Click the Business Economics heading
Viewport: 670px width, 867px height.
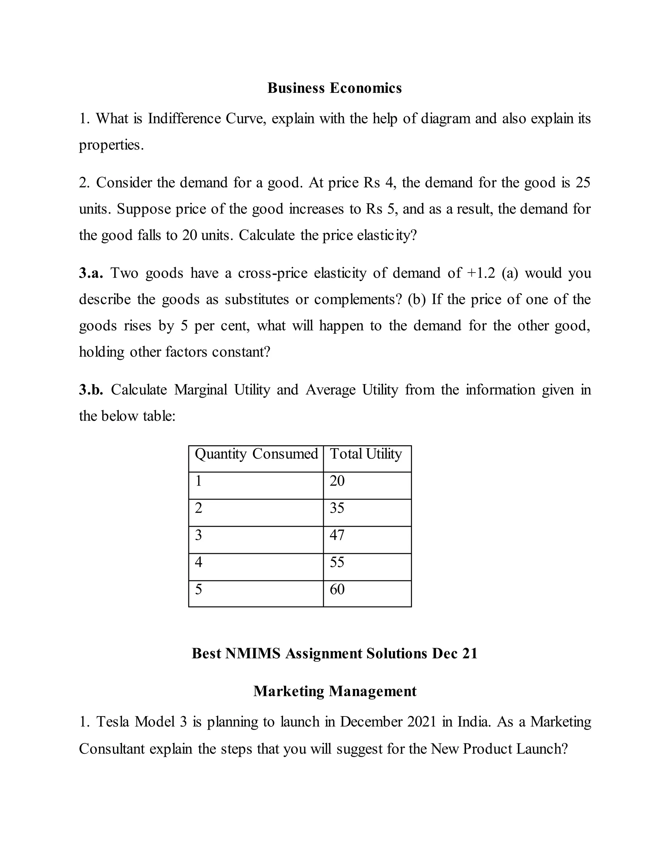point(334,88)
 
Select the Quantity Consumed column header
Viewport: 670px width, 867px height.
point(256,454)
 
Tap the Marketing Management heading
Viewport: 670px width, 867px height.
point(335,691)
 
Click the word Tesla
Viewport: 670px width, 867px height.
point(112,722)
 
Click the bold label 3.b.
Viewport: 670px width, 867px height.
point(91,390)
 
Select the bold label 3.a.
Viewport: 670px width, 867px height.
point(91,273)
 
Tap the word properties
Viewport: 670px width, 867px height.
point(111,145)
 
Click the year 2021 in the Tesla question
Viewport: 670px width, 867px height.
point(422,722)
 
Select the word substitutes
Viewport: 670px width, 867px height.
point(256,299)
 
